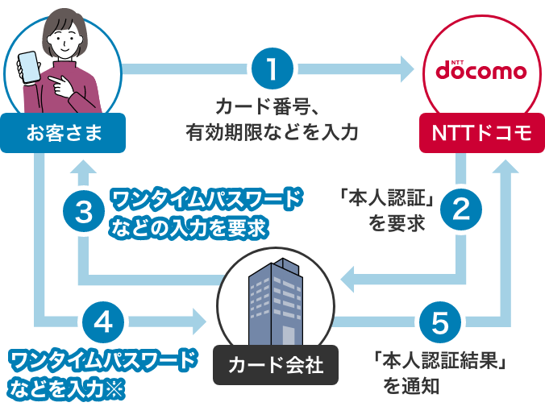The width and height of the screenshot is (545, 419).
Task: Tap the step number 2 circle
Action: [460, 210]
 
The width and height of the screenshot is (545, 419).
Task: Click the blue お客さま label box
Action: [64, 132]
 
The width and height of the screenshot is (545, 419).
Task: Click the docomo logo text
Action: [481, 70]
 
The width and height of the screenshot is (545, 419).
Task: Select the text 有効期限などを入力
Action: [272, 131]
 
